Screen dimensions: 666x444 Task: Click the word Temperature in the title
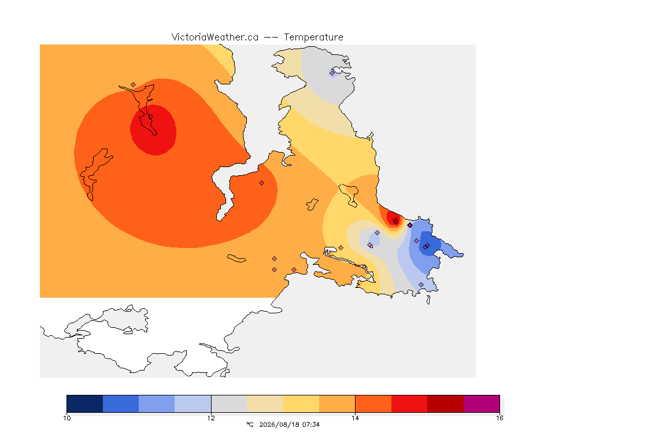tap(313, 38)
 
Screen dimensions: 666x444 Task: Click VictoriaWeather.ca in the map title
tap(215, 38)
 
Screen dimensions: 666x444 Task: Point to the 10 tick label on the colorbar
tap(66, 418)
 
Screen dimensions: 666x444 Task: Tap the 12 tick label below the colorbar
tap(211, 418)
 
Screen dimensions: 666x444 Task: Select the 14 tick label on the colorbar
tap(355, 418)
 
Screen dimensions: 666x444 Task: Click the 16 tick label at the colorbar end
tap(499, 418)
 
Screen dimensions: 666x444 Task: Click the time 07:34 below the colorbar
tap(311, 424)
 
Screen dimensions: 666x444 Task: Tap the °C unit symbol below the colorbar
tap(250, 424)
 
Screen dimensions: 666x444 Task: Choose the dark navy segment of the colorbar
tap(84, 404)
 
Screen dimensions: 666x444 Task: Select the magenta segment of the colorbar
tap(482, 404)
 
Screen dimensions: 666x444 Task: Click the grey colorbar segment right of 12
tap(229, 404)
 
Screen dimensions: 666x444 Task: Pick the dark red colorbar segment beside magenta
tap(446, 404)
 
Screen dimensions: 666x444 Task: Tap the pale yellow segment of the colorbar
tap(301, 404)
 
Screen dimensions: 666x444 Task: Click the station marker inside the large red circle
tap(151, 117)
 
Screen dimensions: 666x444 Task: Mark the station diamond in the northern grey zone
tap(332, 73)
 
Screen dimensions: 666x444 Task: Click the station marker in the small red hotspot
tap(396, 221)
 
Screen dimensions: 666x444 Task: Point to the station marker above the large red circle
tap(134, 85)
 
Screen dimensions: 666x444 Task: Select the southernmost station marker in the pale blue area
tap(421, 284)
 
